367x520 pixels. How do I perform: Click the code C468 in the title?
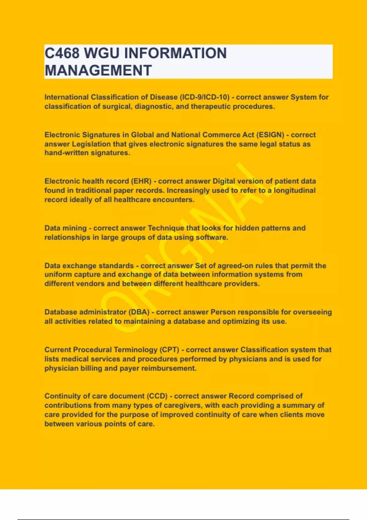tap(62, 53)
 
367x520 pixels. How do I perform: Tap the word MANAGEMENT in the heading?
tap(98, 71)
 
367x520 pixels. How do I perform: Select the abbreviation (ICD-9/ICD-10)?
tap(205, 97)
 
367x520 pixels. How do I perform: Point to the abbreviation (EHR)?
tap(141, 181)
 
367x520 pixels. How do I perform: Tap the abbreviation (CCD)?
tap(158, 396)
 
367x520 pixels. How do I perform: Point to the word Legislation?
tap(91, 144)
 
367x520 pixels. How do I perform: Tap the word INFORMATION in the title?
tap(176, 53)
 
